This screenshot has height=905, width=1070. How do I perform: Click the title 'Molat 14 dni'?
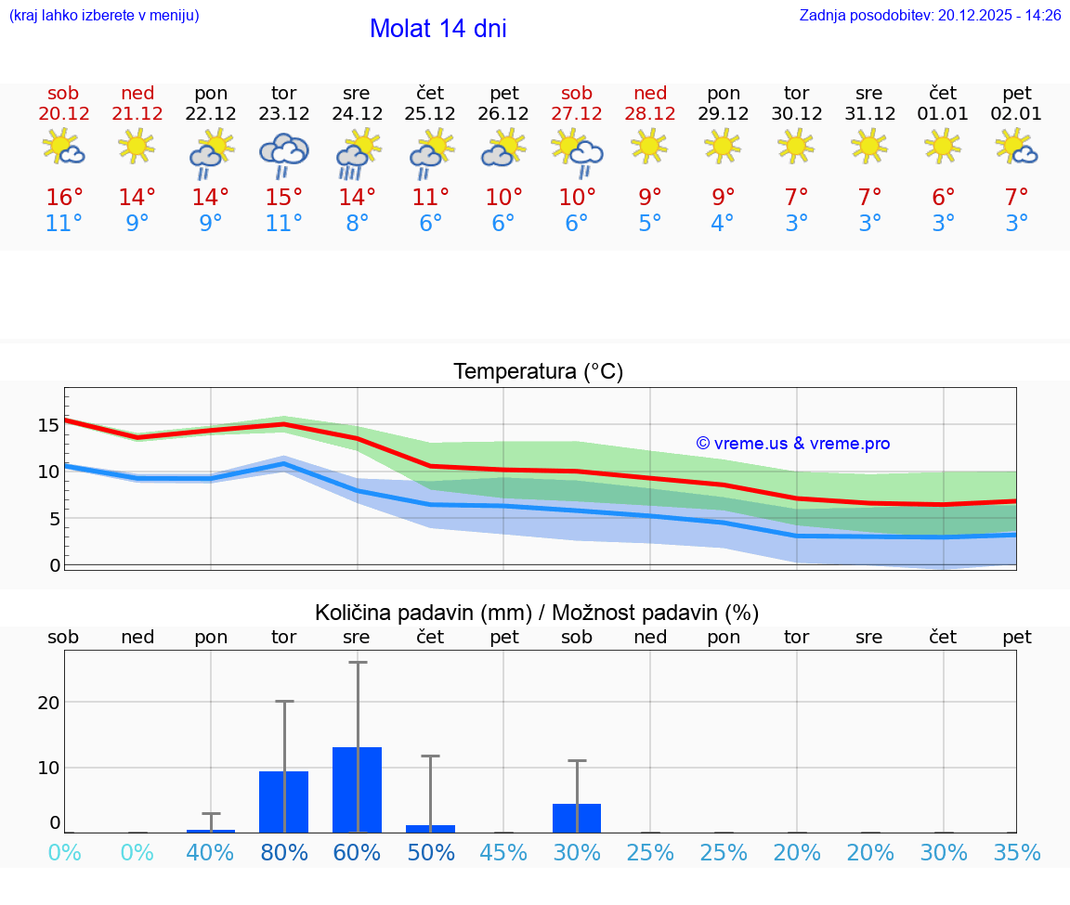(x=437, y=29)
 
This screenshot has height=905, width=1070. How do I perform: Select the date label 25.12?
(x=430, y=114)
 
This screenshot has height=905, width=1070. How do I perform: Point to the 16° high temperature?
(x=64, y=198)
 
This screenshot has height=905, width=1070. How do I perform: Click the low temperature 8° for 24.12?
(x=357, y=224)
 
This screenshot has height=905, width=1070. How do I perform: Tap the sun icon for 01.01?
(x=943, y=145)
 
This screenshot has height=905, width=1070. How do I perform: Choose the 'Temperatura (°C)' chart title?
(x=538, y=372)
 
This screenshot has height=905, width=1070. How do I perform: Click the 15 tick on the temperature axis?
(x=48, y=425)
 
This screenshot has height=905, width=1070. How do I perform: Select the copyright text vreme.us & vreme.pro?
(x=792, y=444)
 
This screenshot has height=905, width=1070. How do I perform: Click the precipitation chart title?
(x=537, y=613)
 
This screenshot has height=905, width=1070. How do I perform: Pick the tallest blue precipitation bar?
(x=358, y=789)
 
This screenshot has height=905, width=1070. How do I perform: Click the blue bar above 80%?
(x=283, y=802)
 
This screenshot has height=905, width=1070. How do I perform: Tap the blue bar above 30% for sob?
(x=577, y=818)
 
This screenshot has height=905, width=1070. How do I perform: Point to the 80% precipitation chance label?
(x=283, y=852)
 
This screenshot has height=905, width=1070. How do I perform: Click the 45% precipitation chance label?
(x=503, y=852)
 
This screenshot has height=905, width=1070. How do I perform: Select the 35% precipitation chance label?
(x=1016, y=852)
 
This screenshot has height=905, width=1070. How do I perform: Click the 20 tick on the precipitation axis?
(x=48, y=703)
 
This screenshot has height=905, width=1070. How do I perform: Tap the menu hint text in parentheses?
(x=103, y=16)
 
